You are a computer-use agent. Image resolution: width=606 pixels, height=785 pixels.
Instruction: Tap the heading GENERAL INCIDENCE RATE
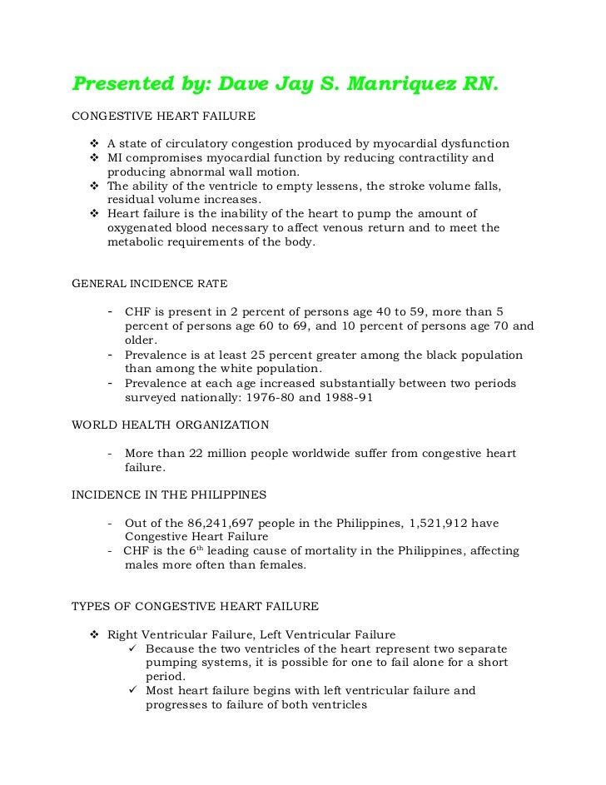point(150,283)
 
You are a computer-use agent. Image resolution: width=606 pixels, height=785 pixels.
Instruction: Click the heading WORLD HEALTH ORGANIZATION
point(171,425)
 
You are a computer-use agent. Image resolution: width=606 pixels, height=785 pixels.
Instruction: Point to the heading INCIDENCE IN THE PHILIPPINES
point(170,494)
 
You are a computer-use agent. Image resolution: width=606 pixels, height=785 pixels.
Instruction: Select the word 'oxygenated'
point(141,227)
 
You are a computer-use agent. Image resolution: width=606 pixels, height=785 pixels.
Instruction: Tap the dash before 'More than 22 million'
point(111,453)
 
